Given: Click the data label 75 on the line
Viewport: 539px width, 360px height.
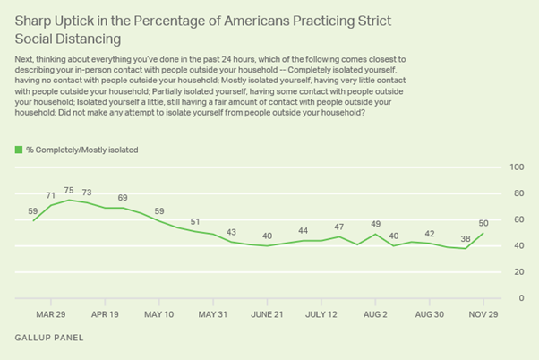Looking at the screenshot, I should [x=69, y=190].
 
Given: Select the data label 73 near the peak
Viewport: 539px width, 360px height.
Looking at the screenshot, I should [x=87, y=193].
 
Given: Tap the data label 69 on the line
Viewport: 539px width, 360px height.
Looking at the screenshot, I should [x=122, y=197].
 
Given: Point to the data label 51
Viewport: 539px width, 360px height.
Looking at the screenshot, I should [x=193, y=221].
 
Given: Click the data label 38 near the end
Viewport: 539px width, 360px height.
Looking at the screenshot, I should [x=466, y=238].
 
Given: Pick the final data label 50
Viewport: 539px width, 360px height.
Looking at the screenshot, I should [x=484, y=222].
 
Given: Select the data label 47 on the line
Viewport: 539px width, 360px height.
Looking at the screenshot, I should [x=338, y=227].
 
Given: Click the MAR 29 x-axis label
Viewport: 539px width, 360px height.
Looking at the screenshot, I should [x=51, y=314].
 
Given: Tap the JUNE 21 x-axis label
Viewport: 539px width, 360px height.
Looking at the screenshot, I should [x=267, y=314].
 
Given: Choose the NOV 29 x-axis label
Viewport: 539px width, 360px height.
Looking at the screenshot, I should [x=483, y=314].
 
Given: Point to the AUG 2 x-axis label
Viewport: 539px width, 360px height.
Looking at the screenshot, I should [x=374, y=314].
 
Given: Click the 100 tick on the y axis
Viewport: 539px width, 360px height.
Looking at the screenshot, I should [x=517, y=167].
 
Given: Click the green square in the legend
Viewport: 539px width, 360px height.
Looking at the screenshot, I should [x=19, y=149].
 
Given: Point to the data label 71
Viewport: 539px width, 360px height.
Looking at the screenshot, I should [x=51, y=195].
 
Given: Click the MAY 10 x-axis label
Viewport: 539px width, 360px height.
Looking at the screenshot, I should [x=158, y=314].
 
